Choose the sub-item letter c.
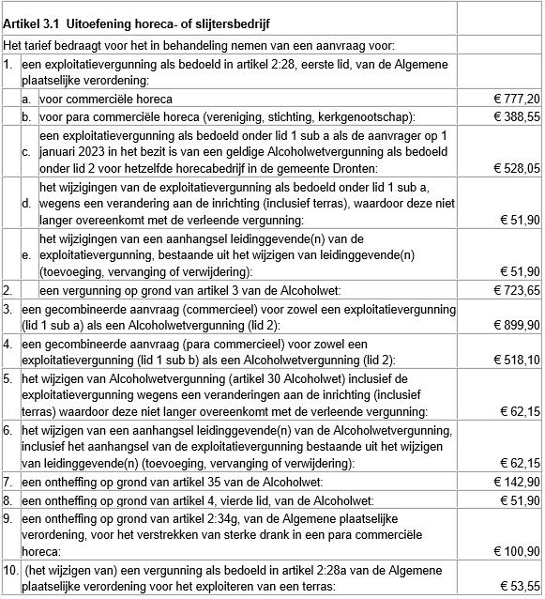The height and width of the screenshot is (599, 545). pyautogui.click(x=26, y=152)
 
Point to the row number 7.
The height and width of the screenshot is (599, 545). pyautogui.click(x=8, y=482)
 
